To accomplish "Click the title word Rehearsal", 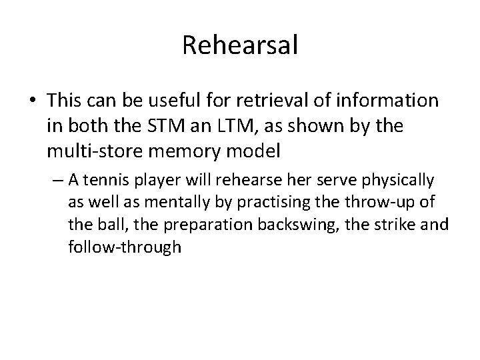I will tap(240, 46).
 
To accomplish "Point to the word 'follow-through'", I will tap(124, 248).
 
